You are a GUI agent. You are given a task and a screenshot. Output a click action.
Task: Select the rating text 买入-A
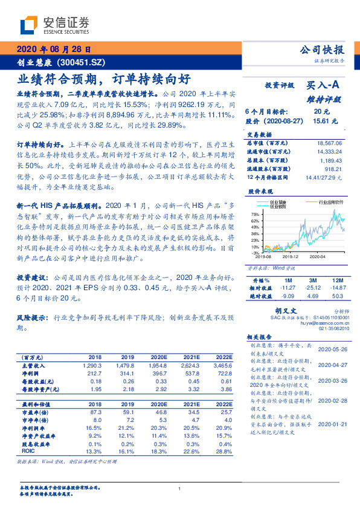pyautogui.click(x=325, y=86)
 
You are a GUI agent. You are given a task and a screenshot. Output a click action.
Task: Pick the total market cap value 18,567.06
pyautogui.click(x=329, y=141)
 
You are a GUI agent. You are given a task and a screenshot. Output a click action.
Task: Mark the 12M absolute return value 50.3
pyautogui.click(x=338, y=296)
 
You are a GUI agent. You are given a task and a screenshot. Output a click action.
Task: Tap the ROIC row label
pyautogui.click(x=28, y=450)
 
